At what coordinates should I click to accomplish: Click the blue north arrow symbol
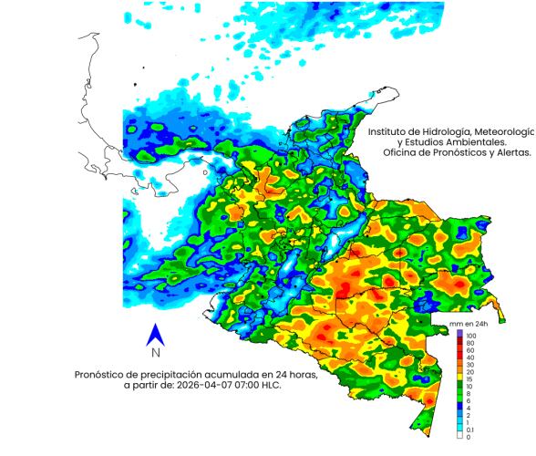click(156, 335)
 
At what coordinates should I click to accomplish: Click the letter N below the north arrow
click(156, 353)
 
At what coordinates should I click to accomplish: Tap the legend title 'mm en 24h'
click(469, 324)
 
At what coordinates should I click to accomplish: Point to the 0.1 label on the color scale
click(470, 430)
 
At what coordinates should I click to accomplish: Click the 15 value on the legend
click(469, 378)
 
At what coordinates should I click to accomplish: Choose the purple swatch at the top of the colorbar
click(460, 333)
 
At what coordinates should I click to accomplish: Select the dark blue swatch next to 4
click(460, 409)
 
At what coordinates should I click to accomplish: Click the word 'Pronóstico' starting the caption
click(102, 374)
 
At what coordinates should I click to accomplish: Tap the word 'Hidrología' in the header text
click(453, 131)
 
